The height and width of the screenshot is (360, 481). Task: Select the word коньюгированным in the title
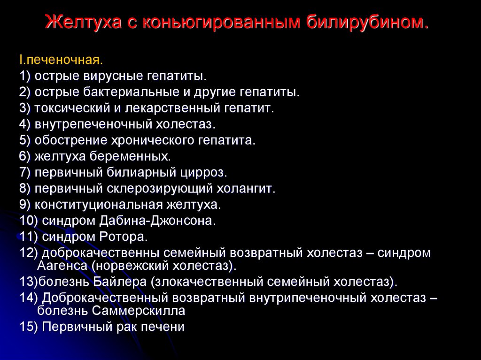221,23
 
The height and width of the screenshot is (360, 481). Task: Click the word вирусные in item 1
112,76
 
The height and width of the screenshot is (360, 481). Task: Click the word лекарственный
172,108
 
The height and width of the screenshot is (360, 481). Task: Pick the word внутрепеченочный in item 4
93,124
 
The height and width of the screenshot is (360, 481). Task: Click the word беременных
130,156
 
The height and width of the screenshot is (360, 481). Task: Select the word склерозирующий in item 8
160,188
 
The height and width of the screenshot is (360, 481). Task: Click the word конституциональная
99,205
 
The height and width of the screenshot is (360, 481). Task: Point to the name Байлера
120,282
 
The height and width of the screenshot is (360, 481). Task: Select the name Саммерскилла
139,311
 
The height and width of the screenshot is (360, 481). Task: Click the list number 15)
29,327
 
